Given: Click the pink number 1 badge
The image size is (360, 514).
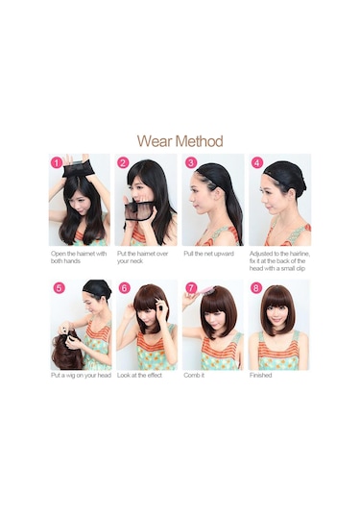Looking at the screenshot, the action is pyautogui.click(x=57, y=163).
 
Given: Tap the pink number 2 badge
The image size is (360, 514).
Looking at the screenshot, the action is pyautogui.click(x=123, y=163).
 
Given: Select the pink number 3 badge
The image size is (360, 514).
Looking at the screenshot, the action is pyautogui.click(x=191, y=162).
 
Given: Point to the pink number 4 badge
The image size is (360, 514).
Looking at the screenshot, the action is pyautogui.click(x=257, y=162).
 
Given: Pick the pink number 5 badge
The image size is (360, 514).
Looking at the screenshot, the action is pyautogui.click(x=59, y=288).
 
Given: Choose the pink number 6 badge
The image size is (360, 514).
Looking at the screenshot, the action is pyautogui.click(x=125, y=288).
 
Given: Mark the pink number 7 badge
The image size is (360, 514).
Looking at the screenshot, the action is pyautogui.click(x=191, y=288).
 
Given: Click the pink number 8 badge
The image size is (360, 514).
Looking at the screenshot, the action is pyautogui.click(x=256, y=288).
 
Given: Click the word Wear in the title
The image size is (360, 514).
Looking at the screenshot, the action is pyautogui.click(x=155, y=141).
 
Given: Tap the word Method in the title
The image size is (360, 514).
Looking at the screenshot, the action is pyautogui.click(x=199, y=141).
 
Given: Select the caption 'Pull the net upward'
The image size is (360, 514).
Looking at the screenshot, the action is pyautogui.click(x=208, y=254).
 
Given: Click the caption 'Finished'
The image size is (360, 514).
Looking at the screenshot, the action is pyautogui.click(x=261, y=376).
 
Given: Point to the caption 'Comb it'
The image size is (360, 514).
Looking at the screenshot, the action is pyautogui.click(x=194, y=376).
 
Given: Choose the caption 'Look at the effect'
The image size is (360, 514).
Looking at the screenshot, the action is pyautogui.click(x=139, y=376).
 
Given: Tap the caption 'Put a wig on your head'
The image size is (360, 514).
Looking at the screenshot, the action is pyautogui.click(x=81, y=376).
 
